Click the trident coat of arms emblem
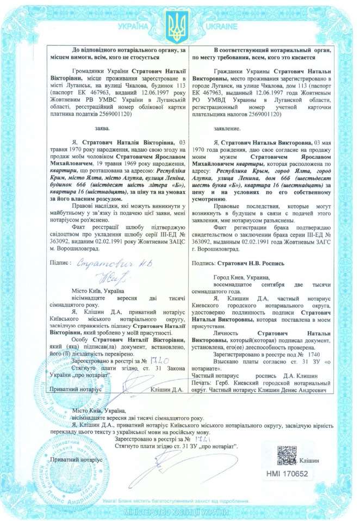tap(176, 28)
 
